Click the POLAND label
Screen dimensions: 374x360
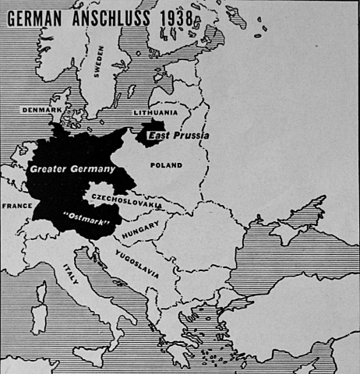click(167, 165)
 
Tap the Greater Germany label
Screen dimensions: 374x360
click(72, 168)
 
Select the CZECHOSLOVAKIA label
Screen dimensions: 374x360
click(125, 200)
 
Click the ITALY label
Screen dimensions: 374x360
click(71, 277)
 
